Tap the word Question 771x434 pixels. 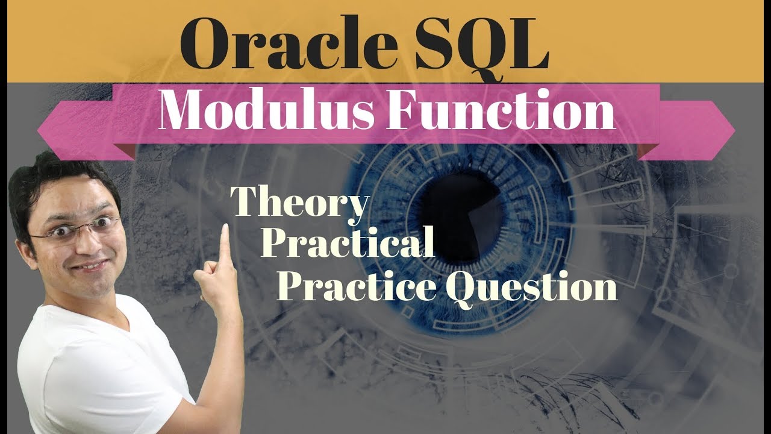point(531,287)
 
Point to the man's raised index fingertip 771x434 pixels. point(225,230)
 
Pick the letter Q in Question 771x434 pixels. point(460,287)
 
